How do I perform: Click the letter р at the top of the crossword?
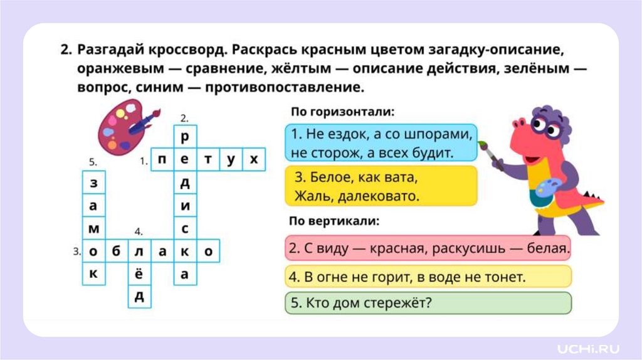[185, 137]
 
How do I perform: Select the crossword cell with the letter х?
[254, 160]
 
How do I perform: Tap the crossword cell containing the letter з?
[93, 183]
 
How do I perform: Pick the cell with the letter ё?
[139, 274]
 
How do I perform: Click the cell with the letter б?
[116, 251]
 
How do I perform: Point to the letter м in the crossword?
[93, 228]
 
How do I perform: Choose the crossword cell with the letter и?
[185, 206]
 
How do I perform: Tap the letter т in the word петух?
[208, 160]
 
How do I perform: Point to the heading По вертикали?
[335, 221]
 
